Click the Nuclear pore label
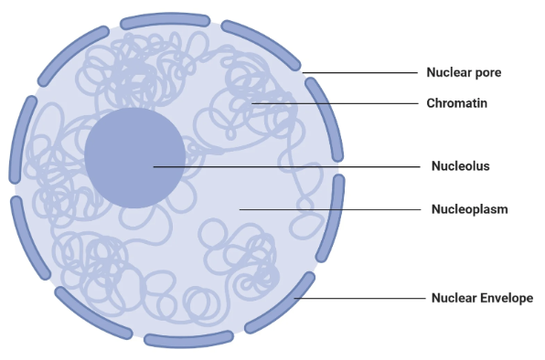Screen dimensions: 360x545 464,72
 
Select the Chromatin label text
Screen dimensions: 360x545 456,103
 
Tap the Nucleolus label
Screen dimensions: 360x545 460,166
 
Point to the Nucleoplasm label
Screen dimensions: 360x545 469,209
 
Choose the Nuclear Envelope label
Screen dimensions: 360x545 481,298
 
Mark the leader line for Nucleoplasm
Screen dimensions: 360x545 329,209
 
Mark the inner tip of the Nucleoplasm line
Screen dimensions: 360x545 240,209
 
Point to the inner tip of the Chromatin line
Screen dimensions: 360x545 253,103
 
